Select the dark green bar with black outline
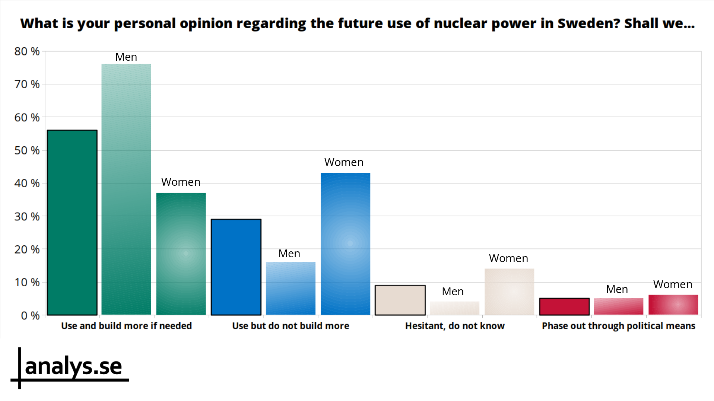[72, 222]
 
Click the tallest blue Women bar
[345, 244]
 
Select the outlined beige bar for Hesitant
[400, 300]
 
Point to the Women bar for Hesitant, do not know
[509, 292]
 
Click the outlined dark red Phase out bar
[564, 306]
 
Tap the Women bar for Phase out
[673, 305]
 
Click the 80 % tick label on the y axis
[27, 51]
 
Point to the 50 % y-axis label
[27, 150]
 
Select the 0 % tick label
[30, 316]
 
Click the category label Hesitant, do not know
[455, 326]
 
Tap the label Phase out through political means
[618, 326]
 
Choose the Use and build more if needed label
[126, 326]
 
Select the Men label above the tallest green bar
[126, 57]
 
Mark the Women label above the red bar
[673, 284]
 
